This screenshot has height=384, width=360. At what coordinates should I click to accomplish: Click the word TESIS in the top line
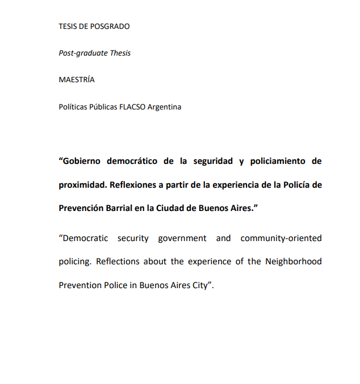click(69, 26)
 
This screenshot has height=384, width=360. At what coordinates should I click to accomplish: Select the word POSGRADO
click(111, 26)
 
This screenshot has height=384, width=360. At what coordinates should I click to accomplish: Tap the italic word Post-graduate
click(83, 53)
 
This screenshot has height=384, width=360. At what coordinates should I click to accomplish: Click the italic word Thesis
click(120, 53)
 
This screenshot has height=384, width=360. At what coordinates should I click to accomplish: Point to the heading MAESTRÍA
click(77, 79)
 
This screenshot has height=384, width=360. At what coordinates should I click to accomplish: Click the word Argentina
click(165, 106)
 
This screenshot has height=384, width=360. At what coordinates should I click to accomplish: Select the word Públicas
click(100, 106)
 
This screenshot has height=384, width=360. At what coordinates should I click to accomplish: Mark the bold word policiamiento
click(277, 161)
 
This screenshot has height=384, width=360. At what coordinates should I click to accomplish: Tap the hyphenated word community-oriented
click(281, 238)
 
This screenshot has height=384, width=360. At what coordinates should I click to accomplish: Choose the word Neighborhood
click(294, 261)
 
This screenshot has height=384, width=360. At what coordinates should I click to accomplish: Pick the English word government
click(182, 238)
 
